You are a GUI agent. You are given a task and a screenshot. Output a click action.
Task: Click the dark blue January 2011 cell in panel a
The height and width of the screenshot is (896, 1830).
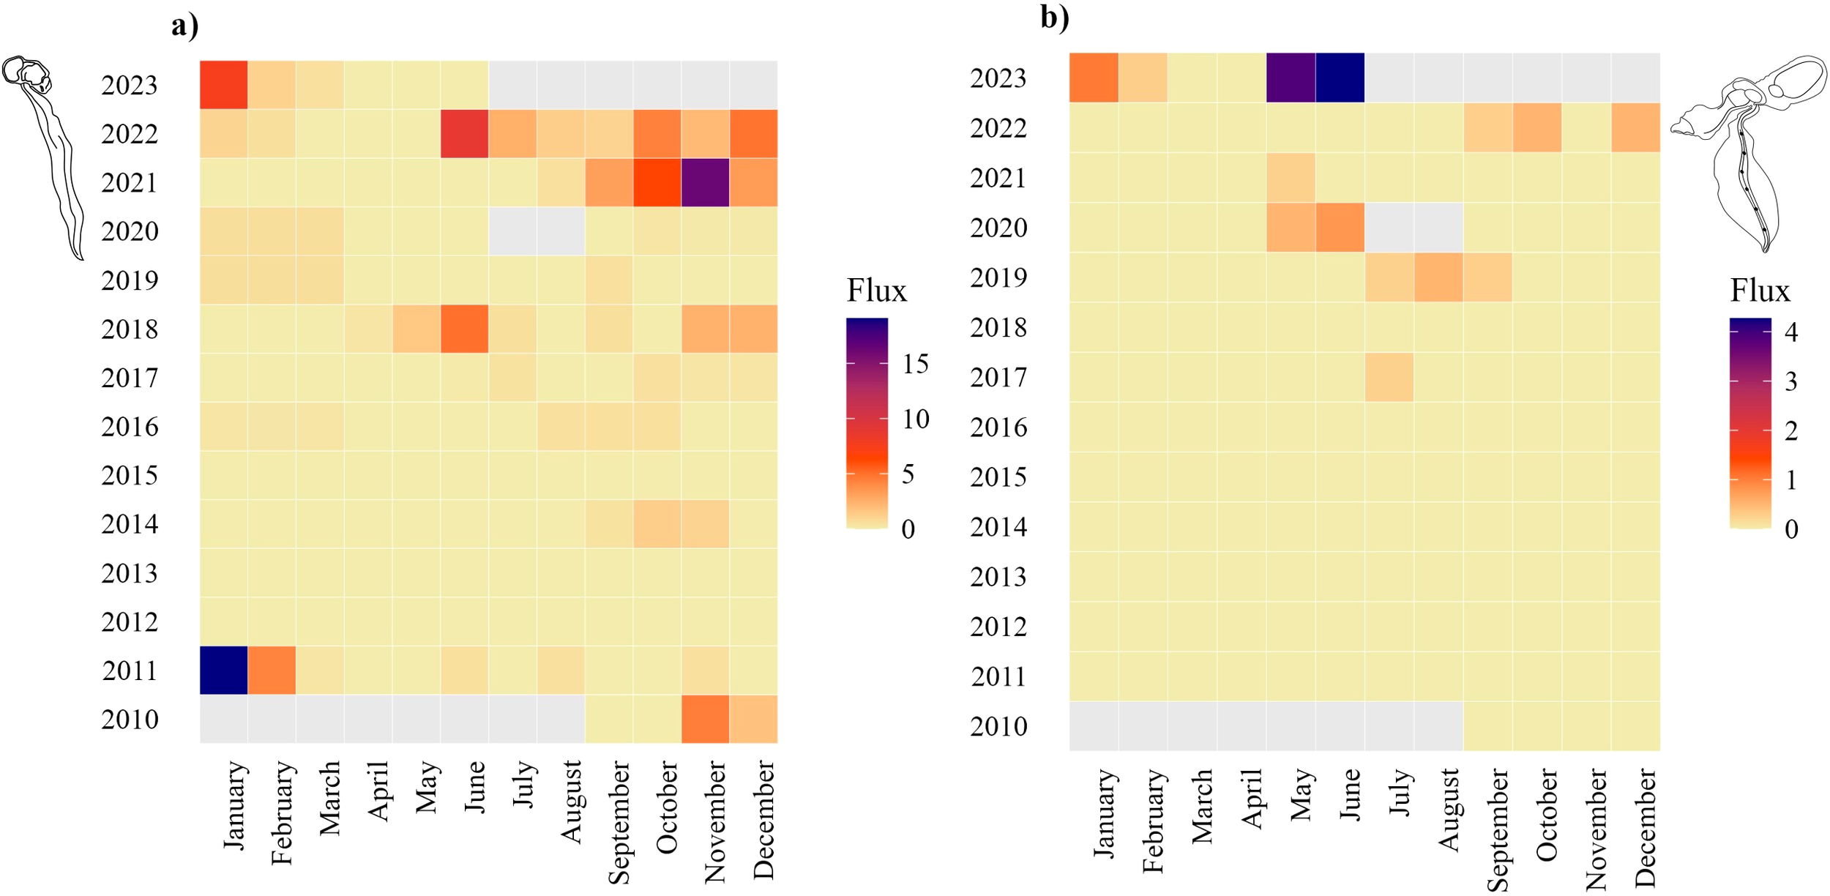point(223,670)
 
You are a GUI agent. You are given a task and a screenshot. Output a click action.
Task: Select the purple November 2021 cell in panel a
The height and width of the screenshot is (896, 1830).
point(705,182)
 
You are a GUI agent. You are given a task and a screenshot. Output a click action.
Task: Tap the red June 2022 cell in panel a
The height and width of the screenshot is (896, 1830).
point(464,133)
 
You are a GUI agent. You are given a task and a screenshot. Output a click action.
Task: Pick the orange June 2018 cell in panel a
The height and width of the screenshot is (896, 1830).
point(464,329)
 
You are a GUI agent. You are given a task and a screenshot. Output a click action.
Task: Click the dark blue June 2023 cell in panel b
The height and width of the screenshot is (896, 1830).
point(1339,78)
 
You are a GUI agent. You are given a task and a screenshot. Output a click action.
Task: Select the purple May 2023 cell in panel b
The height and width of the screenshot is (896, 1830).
point(1290,78)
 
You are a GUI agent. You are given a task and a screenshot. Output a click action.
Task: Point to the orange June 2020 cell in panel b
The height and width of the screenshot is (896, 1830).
point(1339,227)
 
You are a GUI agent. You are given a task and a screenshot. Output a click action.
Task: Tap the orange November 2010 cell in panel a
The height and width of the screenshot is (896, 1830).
point(705,719)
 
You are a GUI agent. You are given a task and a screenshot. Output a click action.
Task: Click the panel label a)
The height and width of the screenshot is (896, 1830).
point(184,26)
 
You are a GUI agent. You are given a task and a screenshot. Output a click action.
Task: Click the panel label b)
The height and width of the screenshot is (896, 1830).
point(1054,18)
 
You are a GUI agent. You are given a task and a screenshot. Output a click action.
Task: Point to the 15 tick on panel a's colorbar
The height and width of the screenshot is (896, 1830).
point(914,364)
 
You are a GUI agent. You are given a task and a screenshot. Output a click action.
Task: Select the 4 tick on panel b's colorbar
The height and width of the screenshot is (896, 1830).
point(1790,332)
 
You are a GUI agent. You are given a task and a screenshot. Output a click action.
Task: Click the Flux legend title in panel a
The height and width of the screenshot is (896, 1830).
point(876,291)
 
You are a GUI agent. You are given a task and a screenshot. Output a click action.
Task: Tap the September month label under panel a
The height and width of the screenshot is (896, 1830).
point(619,821)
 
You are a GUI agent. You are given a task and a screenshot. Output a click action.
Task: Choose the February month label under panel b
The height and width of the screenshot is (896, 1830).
point(1153,820)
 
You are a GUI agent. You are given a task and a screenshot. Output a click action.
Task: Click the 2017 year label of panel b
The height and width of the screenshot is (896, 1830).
point(998,377)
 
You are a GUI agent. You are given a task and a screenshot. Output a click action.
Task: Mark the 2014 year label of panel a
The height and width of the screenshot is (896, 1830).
point(130,524)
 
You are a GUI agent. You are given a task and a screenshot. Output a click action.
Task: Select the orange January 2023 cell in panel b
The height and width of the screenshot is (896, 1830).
point(1093,78)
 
